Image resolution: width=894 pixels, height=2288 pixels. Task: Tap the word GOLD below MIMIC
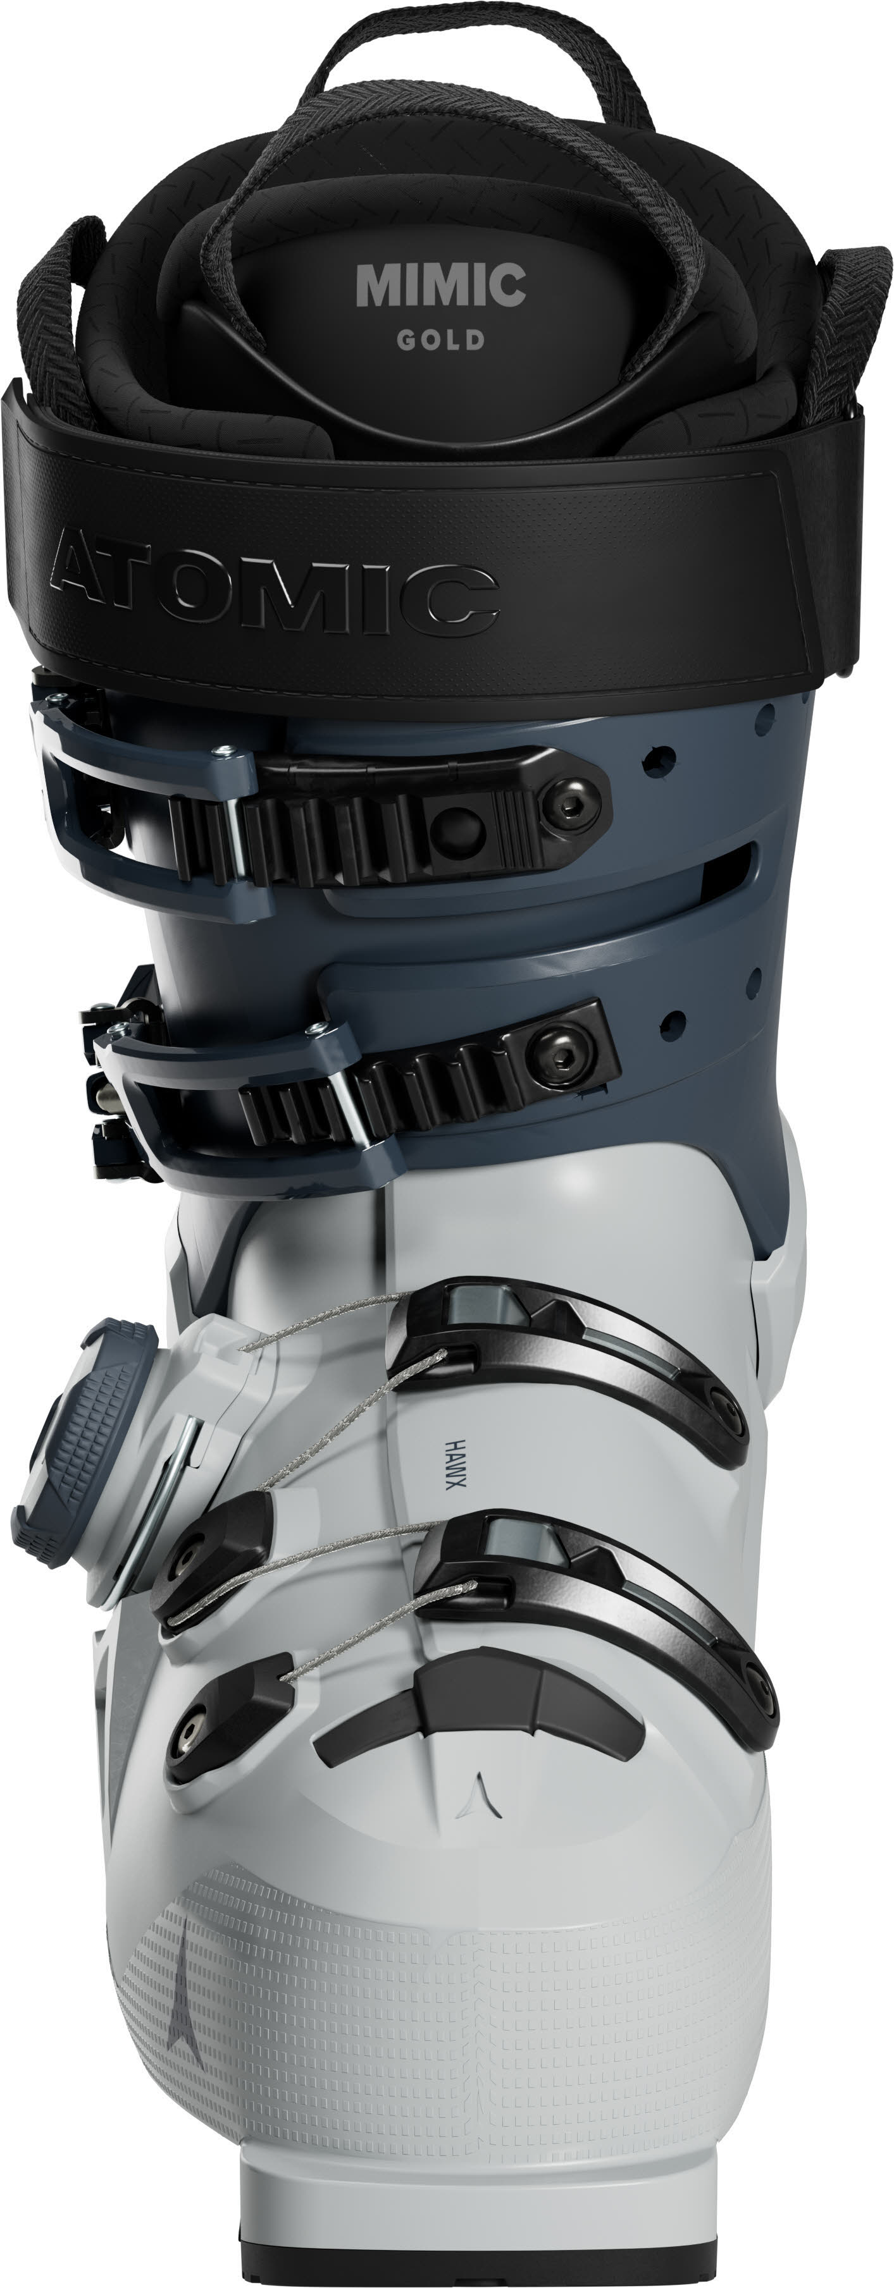pos(441,340)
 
